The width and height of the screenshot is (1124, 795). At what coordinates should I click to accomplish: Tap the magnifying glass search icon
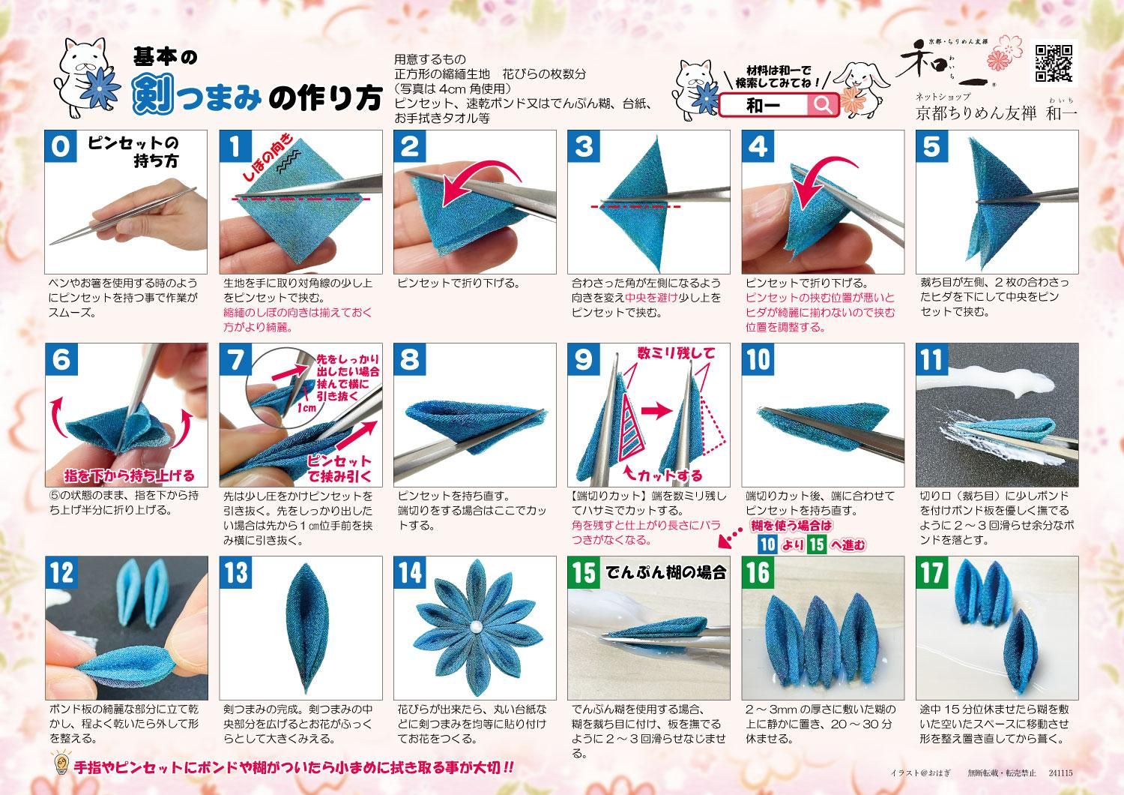coord(822,104)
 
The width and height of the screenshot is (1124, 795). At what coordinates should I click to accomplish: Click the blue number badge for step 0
coord(61,146)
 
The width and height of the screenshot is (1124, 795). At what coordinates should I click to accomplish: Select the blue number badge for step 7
coord(235,359)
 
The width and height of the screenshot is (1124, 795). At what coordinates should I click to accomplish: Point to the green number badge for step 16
coord(758,572)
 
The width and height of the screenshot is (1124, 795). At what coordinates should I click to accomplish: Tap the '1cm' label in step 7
coord(306,407)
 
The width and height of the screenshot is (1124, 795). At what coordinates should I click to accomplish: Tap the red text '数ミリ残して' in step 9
coord(675,353)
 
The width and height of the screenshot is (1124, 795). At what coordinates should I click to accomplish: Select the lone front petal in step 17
coord(1021,652)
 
